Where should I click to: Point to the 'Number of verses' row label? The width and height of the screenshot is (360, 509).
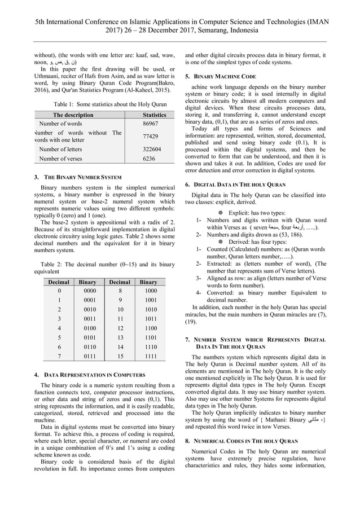[60, 160]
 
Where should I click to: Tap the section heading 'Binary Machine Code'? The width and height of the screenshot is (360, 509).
[225, 76]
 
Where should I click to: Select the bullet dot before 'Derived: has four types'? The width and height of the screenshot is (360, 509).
[222, 242]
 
